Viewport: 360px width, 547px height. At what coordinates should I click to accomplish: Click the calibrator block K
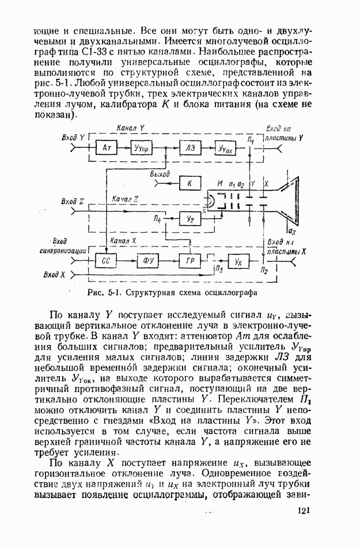pyautogui.click(x=189, y=184)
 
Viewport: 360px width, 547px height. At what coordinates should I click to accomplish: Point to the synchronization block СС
pyautogui.click(x=106, y=261)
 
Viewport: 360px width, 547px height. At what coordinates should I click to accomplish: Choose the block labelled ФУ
pyautogui.click(x=147, y=261)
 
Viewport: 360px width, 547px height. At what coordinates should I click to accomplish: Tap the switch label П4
pyautogui.click(x=157, y=220)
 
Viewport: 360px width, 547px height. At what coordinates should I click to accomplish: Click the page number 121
pyautogui.click(x=305, y=510)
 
